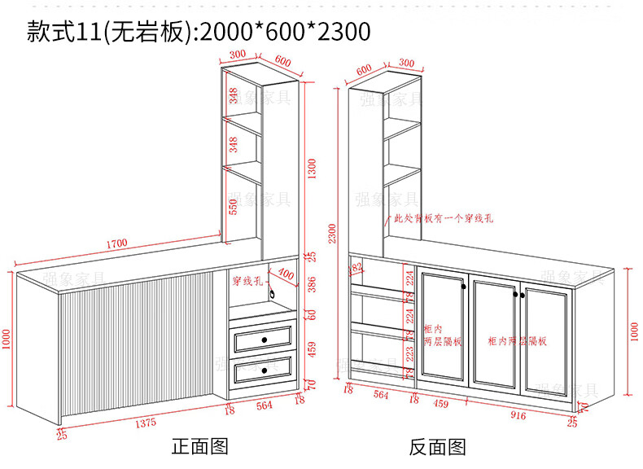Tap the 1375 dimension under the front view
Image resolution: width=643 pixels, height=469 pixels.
tap(146, 422)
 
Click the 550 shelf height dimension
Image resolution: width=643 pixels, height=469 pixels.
tap(233, 208)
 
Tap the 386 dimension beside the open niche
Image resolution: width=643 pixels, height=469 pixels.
tap(311, 284)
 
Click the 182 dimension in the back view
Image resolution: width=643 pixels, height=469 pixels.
tap(356, 268)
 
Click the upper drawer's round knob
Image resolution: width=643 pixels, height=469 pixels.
tap(264, 338)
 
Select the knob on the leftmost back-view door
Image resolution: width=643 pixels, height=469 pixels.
tap(462, 285)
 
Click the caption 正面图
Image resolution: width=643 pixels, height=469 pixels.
tap(199, 446)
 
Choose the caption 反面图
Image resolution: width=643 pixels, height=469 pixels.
tap(437, 446)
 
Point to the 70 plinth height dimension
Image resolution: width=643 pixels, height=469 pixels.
tap(311, 384)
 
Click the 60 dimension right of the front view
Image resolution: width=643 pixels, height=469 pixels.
tap(311, 313)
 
